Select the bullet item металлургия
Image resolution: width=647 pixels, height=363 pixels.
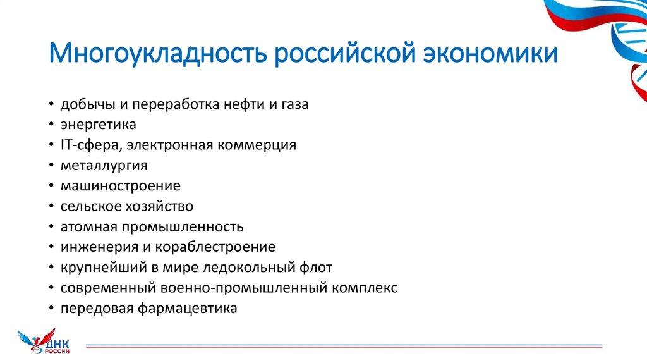pos(104,165)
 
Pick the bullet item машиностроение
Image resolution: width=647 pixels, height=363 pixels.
pos(121,186)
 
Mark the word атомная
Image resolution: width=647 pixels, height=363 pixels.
pos(85,226)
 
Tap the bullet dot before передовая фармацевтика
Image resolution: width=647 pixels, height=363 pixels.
pos(51,309)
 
